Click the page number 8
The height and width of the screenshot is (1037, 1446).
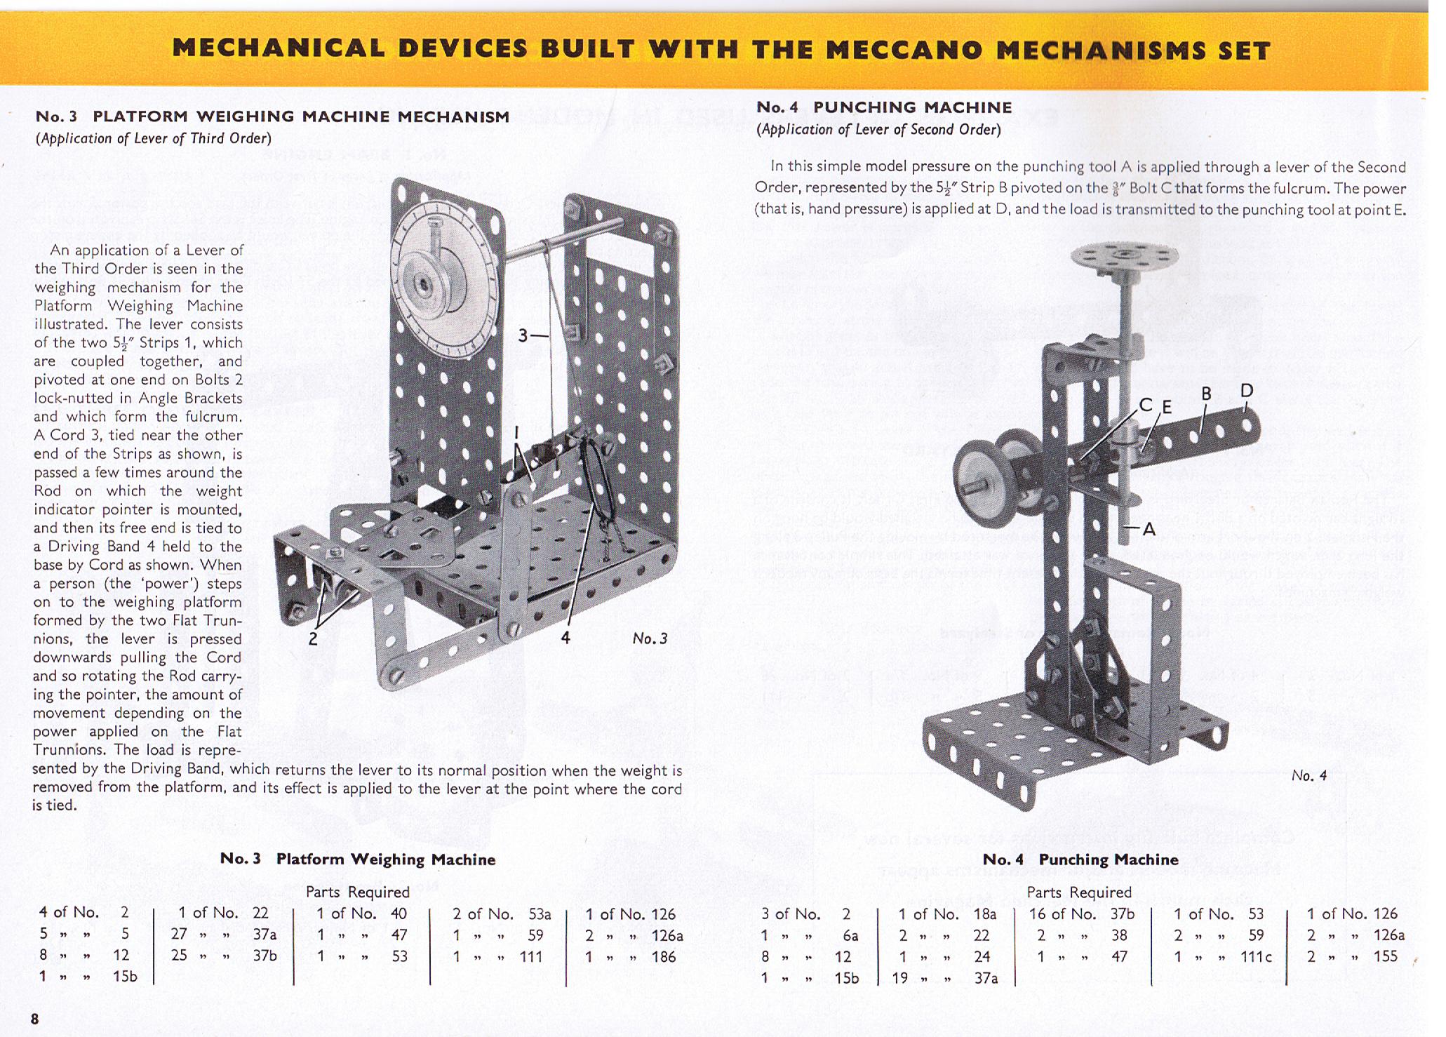click(34, 1018)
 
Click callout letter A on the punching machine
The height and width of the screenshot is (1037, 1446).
click(1149, 529)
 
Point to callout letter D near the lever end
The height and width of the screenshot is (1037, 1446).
click(1246, 390)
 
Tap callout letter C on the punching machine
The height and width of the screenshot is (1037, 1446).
click(1146, 405)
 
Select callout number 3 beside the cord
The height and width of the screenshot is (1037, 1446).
click(523, 336)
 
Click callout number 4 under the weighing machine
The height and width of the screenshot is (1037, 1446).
click(565, 637)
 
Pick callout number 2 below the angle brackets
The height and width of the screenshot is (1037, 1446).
click(313, 638)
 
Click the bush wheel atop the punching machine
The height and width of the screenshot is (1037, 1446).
click(1124, 257)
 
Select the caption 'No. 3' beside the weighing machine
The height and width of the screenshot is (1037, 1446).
click(650, 638)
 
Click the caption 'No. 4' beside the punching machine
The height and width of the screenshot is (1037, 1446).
click(1309, 775)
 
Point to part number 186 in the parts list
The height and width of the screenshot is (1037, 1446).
click(663, 956)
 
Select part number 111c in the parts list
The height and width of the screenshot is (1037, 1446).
click(1255, 956)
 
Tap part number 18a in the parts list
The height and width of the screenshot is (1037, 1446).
click(984, 914)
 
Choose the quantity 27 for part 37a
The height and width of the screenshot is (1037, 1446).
click(179, 935)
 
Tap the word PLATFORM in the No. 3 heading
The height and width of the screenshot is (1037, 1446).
click(140, 116)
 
